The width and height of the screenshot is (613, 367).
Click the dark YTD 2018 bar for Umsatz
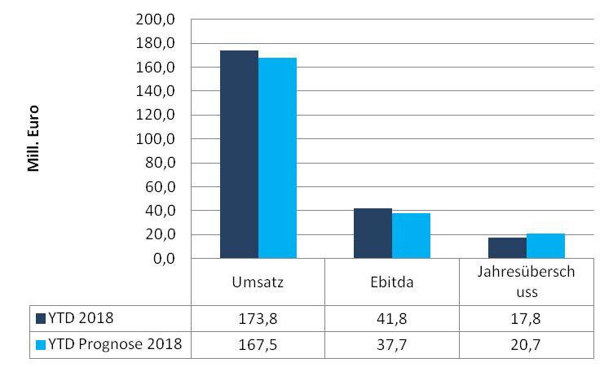(x=239, y=155)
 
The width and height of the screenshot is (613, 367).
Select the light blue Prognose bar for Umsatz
(x=277, y=158)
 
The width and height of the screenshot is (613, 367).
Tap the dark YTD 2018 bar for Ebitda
(x=373, y=234)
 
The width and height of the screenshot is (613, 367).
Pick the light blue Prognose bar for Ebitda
(x=411, y=236)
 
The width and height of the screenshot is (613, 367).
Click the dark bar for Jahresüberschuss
(x=507, y=248)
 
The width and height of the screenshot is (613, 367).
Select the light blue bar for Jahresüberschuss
(x=545, y=247)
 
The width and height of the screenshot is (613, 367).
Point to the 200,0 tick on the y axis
(x=161, y=19)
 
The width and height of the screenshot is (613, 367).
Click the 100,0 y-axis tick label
(x=161, y=139)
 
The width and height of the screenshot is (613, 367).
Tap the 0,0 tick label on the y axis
(x=166, y=259)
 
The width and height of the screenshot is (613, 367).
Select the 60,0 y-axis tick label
(x=164, y=187)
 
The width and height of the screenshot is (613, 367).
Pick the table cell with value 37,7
(x=392, y=344)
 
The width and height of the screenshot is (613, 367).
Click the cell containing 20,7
(x=526, y=344)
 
